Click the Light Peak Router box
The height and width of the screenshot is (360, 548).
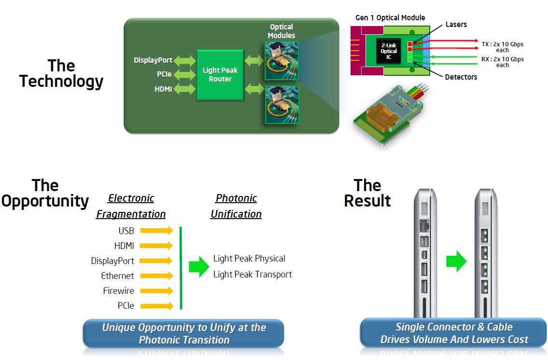[x=220, y=74]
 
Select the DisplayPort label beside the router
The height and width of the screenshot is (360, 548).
[x=153, y=60]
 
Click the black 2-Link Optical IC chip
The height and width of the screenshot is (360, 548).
[x=389, y=51]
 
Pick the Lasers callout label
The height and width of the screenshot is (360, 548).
[x=456, y=24]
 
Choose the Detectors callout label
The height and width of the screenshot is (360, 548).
[x=461, y=77]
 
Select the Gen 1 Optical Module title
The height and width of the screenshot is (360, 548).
[x=390, y=18]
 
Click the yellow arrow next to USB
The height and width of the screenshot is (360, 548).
[x=156, y=231]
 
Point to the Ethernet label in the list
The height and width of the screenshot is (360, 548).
[x=117, y=276]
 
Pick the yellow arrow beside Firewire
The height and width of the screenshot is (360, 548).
[x=156, y=291]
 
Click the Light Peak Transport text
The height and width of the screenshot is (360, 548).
[x=253, y=275]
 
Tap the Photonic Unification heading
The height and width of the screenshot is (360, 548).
[x=236, y=206]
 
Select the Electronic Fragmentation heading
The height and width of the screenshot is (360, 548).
[x=131, y=206]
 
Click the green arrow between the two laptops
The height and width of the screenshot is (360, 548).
[x=456, y=262]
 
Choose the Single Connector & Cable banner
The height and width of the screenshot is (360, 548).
[x=454, y=333]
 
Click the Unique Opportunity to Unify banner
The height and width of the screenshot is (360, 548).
[x=184, y=333]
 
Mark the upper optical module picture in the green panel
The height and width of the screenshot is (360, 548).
[x=281, y=60]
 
